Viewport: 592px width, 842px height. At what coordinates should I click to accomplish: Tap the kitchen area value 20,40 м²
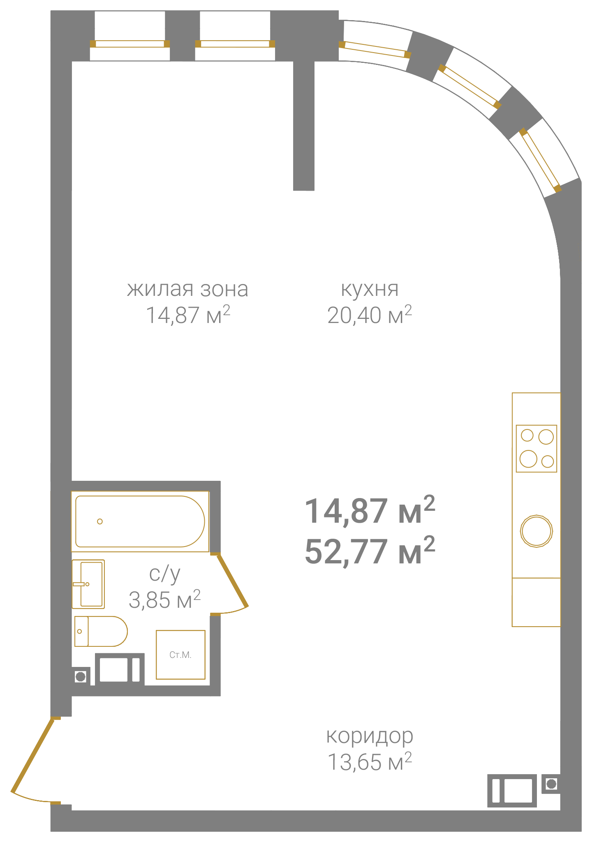pyautogui.click(x=370, y=315)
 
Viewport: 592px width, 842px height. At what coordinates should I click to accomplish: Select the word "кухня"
pyautogui.click(x=370, y=289)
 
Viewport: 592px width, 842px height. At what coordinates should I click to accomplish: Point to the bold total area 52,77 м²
pyautogui.click(x=370, y=551)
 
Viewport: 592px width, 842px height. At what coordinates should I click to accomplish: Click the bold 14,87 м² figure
pyautogui.click(x=370, y=510)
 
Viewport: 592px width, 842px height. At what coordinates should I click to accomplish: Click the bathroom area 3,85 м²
pyautogui.click(x=164, y=600)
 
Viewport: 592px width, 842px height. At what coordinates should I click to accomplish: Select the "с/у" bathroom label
pyautogui.click(x=164, y=574)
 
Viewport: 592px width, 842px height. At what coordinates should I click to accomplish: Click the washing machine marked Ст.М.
pyautogui.click(x=180, y=655)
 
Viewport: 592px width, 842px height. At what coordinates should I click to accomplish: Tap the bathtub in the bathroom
pyautogui.click(x=140, y=521)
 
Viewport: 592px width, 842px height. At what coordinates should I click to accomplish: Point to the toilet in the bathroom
pyautogui.click(x=101, y=631)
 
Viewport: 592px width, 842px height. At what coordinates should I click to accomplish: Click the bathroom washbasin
pyautogui.click(x=88, y=584)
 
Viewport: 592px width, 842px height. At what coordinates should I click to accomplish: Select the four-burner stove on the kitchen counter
pyautogui.click(x=536, y=448)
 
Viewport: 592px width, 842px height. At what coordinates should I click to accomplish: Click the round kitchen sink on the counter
pyautogui.click(x=536, y=531)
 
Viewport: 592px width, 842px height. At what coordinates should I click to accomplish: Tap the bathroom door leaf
pyautogui.click(x=232, y=581)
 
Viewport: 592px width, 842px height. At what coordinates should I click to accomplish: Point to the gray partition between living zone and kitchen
pyautogui.click(x=304, y=125)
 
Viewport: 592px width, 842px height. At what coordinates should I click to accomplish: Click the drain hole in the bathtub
pyautogui.click(x=100, y=521)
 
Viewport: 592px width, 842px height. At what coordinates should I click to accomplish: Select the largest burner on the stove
pyautogui.click(x=528, y=459)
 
